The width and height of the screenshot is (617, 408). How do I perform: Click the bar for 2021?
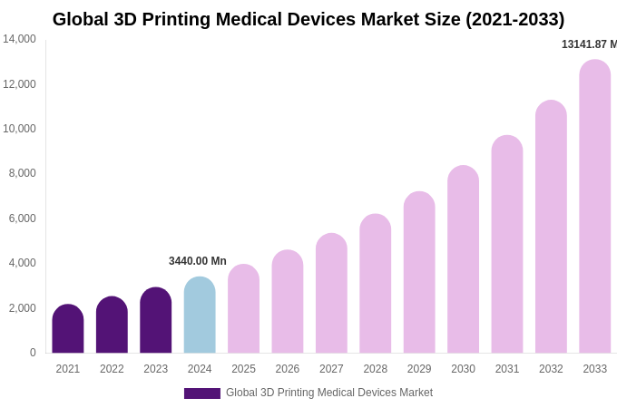click(x=68, y=329)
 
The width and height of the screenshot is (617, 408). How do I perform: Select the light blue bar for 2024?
click(x=200, y=316)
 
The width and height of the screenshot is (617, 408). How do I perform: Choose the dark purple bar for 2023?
click(x=156, y=321)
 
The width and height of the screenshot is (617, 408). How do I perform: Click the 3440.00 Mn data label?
click(x=198, y=261)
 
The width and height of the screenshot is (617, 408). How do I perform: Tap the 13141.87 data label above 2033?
click(x=589, y=44)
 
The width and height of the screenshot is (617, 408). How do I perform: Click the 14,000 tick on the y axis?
click(x=19, y=39)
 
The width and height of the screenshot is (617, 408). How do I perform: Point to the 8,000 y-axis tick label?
click(x=22, y=173)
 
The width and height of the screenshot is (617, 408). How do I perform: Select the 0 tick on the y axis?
click(x=33, y=353)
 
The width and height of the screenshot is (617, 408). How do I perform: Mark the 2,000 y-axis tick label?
click(x=22, y=308)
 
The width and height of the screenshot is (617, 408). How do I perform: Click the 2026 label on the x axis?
click(x=288, y=369)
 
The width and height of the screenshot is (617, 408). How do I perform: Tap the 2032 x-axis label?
click(x=551, y=369)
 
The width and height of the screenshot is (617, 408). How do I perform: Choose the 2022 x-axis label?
click(x=112, y=369)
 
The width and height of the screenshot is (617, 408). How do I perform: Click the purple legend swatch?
click(x=201, y=393)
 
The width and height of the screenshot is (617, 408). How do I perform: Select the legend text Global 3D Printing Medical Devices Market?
click(x=329, y=393)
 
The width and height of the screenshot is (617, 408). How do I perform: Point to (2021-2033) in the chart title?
click(x=515, y=19)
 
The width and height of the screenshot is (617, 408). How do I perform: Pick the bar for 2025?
click(x=243, y=309)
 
